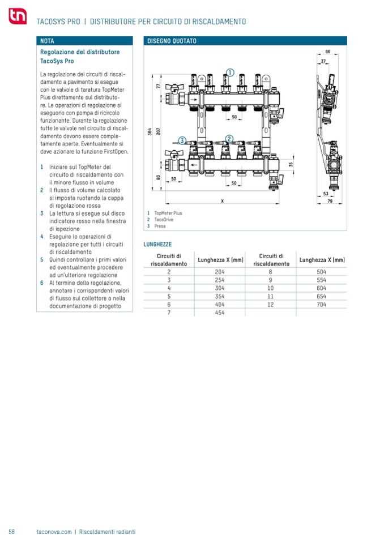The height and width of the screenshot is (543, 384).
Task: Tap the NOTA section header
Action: point(48,41)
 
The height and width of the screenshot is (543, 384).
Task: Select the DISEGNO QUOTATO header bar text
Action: point(172,41)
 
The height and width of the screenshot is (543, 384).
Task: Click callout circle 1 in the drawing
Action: point(229,72)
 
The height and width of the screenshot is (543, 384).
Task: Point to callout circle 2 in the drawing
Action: point(229,138)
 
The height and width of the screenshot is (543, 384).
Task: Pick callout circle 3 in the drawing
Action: point(182,140)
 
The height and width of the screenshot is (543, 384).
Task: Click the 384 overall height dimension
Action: point(150,132)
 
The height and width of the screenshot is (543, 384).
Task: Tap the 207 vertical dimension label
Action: point(159,130)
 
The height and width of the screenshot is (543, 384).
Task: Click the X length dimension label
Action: point(222,200)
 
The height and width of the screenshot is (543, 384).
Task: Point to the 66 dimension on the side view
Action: point(327,52)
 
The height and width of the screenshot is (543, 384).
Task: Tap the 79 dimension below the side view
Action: point(328,200)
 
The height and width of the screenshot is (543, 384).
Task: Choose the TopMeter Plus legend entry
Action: point(168,213)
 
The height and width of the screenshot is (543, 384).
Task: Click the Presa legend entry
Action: point(160,226)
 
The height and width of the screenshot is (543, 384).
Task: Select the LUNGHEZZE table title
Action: point(159,244)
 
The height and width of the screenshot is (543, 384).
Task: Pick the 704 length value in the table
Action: point(322,304)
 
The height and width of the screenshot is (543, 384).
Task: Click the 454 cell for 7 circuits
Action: point(220,313)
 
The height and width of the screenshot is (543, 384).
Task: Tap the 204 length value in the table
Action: point(220,272)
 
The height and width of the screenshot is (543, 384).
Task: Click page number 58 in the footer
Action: point(11,532)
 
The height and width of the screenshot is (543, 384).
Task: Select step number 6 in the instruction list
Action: point(42,282)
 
